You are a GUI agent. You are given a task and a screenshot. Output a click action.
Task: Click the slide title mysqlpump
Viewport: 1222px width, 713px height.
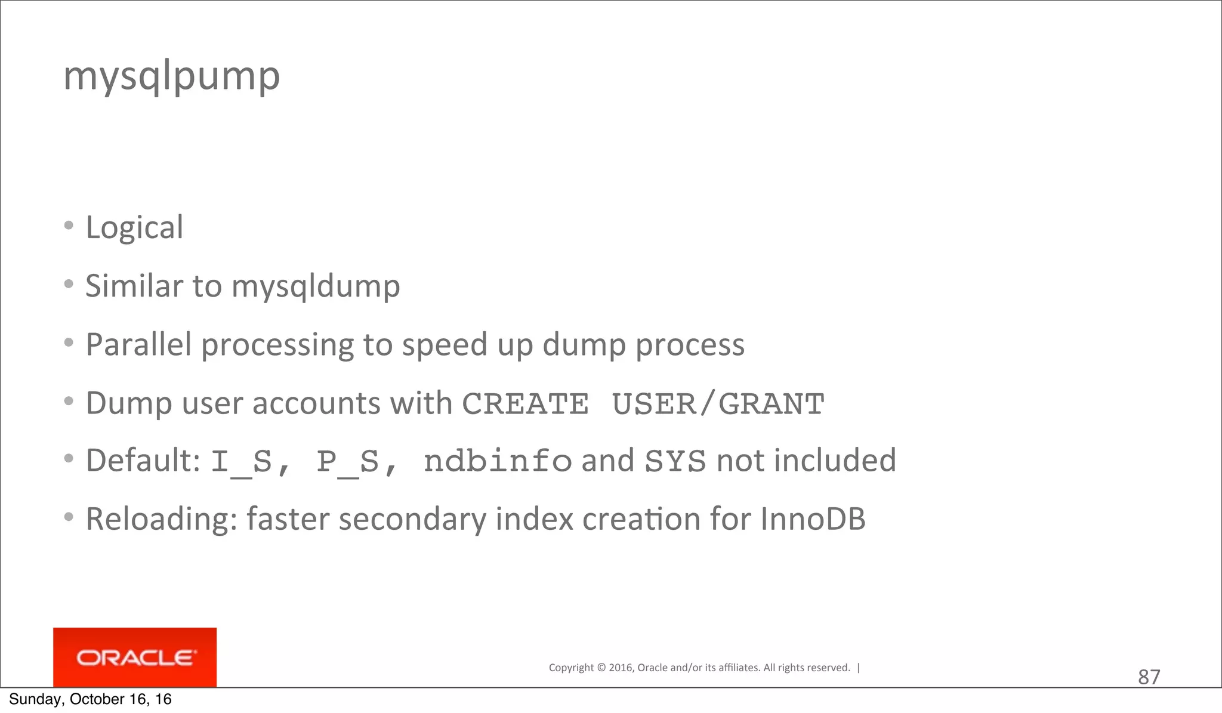tap(172, 76)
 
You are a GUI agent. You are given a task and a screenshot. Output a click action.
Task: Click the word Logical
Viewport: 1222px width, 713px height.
tap(134, 227)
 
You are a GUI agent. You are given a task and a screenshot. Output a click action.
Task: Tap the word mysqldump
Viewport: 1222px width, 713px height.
tap(316, 286)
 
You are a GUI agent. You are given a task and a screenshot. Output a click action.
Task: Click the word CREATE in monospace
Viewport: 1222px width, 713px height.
tap(525, 404)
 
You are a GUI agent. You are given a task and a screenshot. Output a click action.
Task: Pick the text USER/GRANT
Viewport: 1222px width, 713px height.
tap(718, 404)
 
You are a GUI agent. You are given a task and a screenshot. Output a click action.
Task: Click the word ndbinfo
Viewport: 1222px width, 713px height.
tap(498, 461)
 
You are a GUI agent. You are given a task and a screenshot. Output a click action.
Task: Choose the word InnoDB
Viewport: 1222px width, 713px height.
tap(813, 518)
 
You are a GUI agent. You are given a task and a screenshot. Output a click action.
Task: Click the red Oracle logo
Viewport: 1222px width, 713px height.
tap(135, 658)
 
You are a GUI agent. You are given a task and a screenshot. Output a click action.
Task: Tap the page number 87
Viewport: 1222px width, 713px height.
tap(1149, 677)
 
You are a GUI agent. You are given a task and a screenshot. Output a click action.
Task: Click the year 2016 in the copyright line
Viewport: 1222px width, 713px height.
tap(621, 668)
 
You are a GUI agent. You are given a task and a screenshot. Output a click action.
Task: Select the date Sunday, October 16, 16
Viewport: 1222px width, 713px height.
tap(90, 699)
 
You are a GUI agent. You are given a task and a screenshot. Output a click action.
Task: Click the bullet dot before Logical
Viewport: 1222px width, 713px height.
tap(69, 226)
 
